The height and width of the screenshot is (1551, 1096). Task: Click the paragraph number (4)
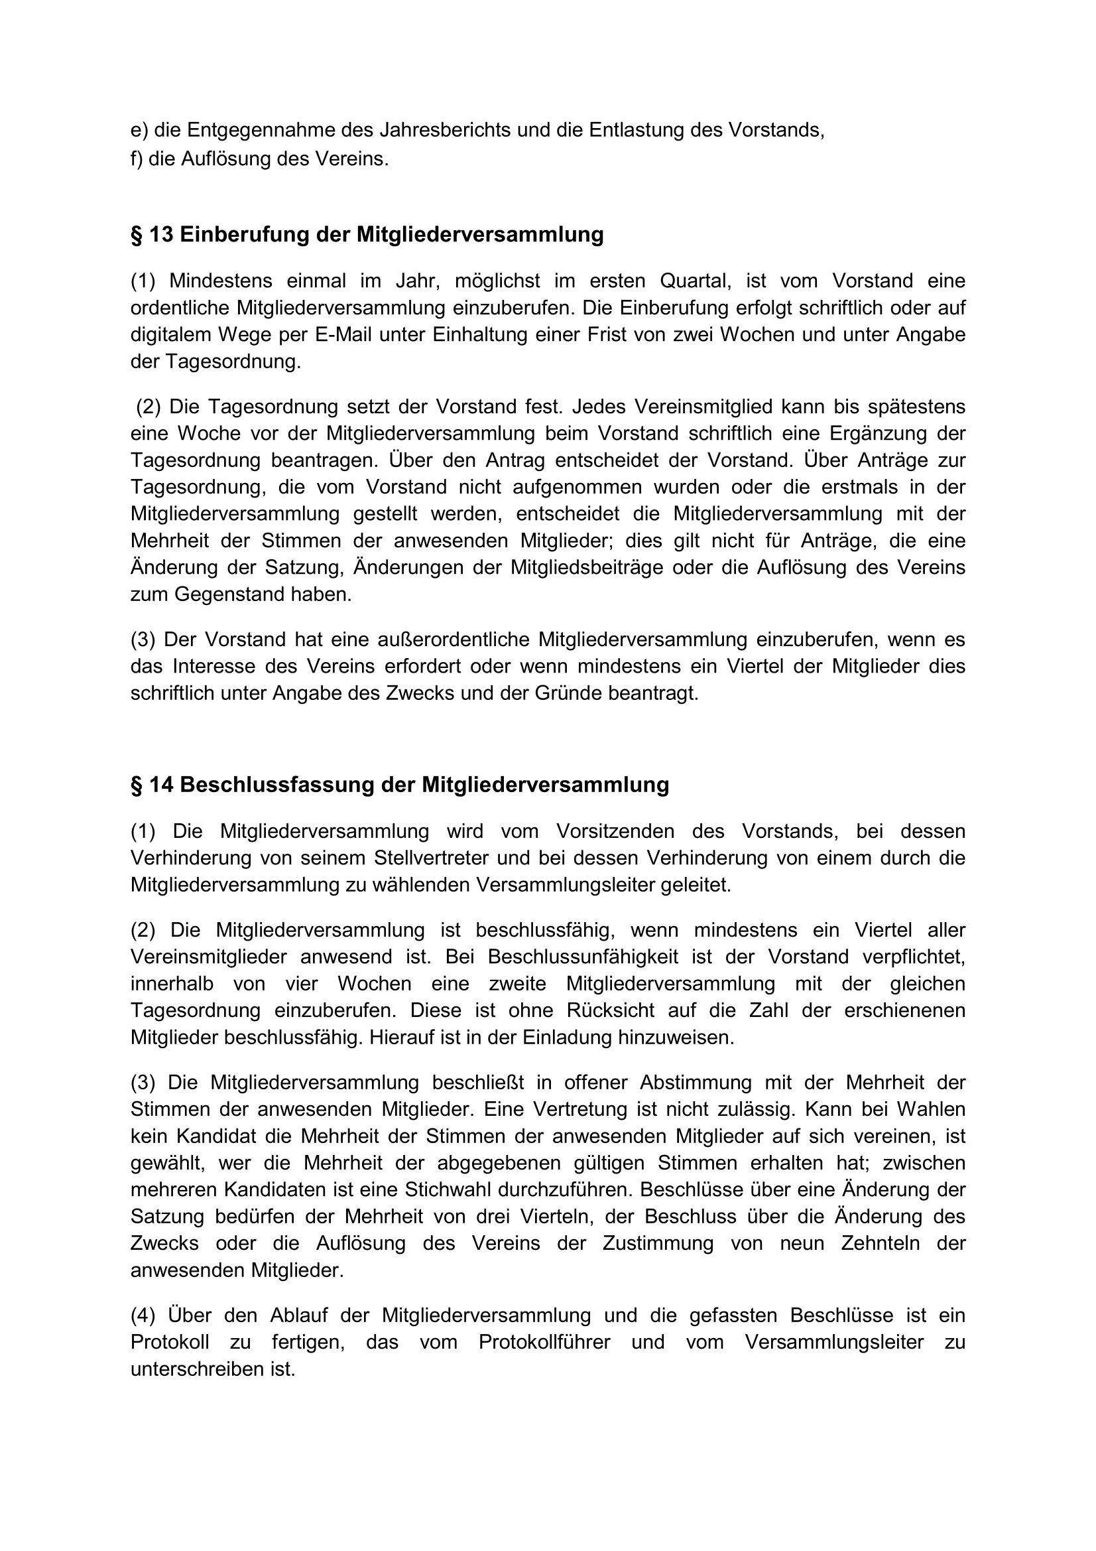coord(143,1315)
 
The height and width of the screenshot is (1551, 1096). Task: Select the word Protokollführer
coord(544,1342)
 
